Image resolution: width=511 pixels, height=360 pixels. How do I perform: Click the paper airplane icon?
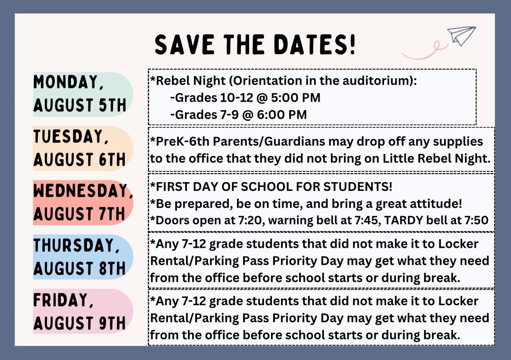pyautogui.click(x=461, y=35)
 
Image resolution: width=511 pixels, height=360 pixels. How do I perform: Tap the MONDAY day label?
pyautogui.click(x=66, y=83)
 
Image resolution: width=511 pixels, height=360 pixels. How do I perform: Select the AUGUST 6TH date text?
pyautogui.click(x=80, y=160)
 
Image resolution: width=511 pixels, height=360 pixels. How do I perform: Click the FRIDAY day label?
pyautogui.click(x=61, y=300)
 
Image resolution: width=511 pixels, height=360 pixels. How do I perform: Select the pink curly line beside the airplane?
pyautogui.click(x=424, y=51)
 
